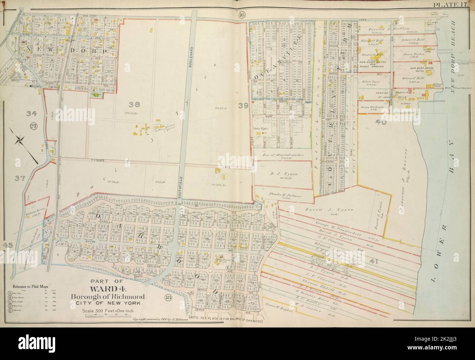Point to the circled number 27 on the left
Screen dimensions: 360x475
pyautogui.click(x=34, y=126)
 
